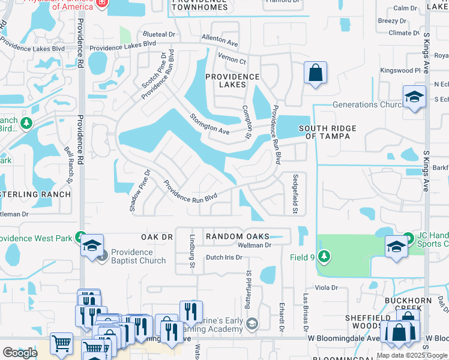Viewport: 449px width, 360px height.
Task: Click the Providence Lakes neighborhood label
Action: pos(232,80)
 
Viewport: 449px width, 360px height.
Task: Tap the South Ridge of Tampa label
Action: pos(327,132)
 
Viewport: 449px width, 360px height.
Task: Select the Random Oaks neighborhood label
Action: pos(237,237)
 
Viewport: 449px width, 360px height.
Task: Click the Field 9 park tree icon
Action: pos(324,257)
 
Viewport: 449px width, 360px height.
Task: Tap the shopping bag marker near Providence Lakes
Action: pos(315,74)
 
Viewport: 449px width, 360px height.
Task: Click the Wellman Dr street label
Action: pos(255,245)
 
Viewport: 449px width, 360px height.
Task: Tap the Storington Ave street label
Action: pos(210,124)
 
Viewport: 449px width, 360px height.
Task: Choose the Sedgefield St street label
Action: pos(295,194)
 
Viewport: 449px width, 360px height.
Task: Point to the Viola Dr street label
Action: pos(327,288)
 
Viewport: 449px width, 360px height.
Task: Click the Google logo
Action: pos(20,352)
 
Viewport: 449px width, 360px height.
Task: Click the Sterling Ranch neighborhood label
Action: pos(35,194)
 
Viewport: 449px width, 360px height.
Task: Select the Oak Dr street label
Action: pos(157,237)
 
